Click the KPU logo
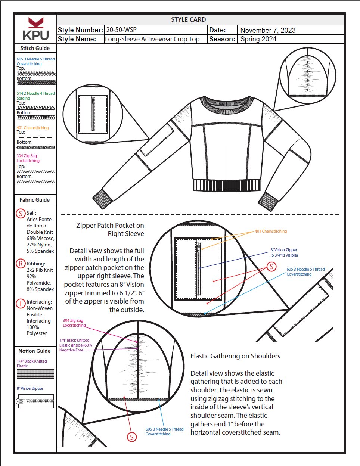click(36, 29)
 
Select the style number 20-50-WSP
click(121, 30)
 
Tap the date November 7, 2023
click(268, 30)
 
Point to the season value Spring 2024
click(258, 39)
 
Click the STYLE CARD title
click(188, 19)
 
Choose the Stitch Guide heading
click(35, 48)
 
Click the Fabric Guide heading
click(35, 200)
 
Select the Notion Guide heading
click(35, 351)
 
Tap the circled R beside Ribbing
click(21, 264)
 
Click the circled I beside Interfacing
click(21, 303)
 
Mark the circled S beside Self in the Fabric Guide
click(21, 213)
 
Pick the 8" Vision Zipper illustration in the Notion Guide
click(36, 401)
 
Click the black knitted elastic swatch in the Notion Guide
click(35, 374)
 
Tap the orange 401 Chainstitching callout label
click(271, 232)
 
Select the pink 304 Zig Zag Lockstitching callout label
click(74, 323)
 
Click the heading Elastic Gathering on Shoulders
click(235, 356)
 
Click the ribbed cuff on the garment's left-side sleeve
click(100, 198)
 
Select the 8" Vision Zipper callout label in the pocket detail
click(284, 252)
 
